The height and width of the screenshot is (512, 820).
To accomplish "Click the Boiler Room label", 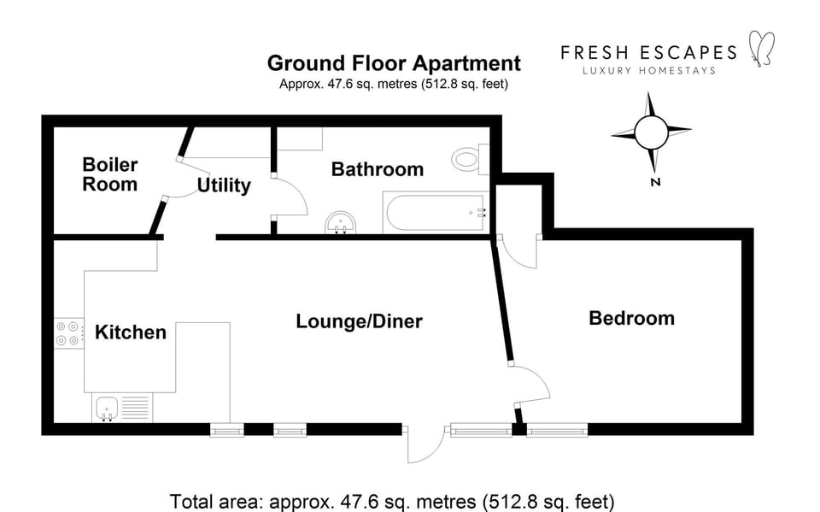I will pos(109,174).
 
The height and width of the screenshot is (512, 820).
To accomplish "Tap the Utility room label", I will pos(224,185).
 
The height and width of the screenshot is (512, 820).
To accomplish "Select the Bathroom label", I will pos(377,169).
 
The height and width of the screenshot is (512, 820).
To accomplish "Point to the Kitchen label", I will pos(130,332).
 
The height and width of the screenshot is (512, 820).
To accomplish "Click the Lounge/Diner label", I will pos(359,321).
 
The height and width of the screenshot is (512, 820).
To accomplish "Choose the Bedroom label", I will pos(631,318).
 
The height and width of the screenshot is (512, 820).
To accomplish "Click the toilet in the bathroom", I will pos(469,158).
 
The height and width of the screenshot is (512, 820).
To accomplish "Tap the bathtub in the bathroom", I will pos(435,213).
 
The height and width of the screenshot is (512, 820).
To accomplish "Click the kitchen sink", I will pos(108,408).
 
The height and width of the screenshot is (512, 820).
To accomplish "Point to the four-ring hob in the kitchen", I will pos(67,333).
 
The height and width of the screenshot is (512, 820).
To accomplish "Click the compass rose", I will pos(651,132).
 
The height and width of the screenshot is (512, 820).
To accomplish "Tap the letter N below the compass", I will pos(655,182).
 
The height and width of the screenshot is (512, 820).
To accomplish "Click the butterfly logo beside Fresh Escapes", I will pos(759,48).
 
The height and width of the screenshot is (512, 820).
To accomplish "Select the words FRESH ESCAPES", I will pos(648,52).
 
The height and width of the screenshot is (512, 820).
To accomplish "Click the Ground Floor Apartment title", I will pos(394,63).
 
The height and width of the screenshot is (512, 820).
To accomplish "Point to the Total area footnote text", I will pos(392,501).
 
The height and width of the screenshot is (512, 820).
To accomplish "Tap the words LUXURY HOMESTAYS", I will pos(648,70).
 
